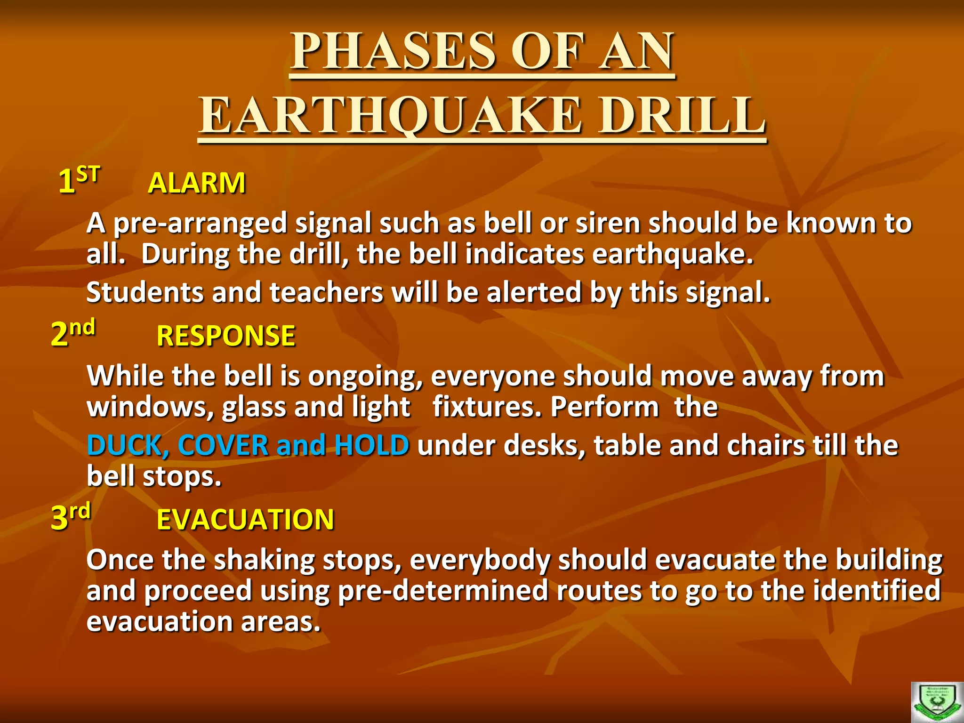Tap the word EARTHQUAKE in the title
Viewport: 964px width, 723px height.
[x=390, y=116]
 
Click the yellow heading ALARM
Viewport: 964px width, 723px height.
[x=197, y=183]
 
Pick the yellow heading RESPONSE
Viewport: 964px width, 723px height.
[x=226, y=336]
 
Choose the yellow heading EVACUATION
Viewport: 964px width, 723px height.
[x=245, y=520]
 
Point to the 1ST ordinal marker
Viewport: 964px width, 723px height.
[x=79, y=180]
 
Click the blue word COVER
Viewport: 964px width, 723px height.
[x=223, y=445]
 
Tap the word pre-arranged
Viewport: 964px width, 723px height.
[x=200, y=224]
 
